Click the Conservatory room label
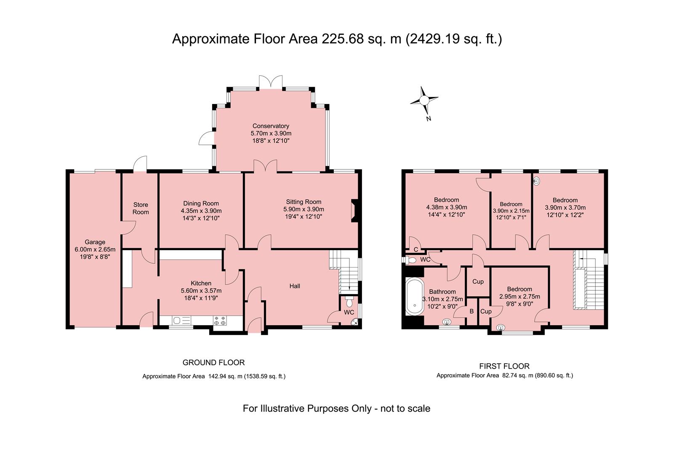pyautogui.click(x=271, y=126)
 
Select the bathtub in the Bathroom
pyautogui.click(x=414, y=296)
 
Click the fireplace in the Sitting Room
pyautogui.click(x=354, y=211)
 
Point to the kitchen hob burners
pyautogui.click(x=220, y=320)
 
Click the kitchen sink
pyautogui.click(x=181, y=320)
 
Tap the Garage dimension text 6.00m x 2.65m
pyautogui.click(x=95, y=249)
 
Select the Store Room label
pyautogui.click(x=141, y=208)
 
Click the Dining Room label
pyautogui.click(x=201, y=203)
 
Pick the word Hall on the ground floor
pyautogui.click(x=295, y=286)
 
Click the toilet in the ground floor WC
pyautogui.click(x=349, y=302)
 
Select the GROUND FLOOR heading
pyautogui.click(x=213, y=362)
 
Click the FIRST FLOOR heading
pyautogui.click(x=504, y=366)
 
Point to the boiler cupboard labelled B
pyautogui.click(x=472, y=311)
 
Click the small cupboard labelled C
pyautogui.click(x=416, y=249)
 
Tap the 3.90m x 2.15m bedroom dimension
pyautogui.click(x=511, y=211)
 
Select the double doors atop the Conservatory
pyautogui.click(x=271, y=82)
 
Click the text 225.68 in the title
pyautogui.click(x=343, y=39)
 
